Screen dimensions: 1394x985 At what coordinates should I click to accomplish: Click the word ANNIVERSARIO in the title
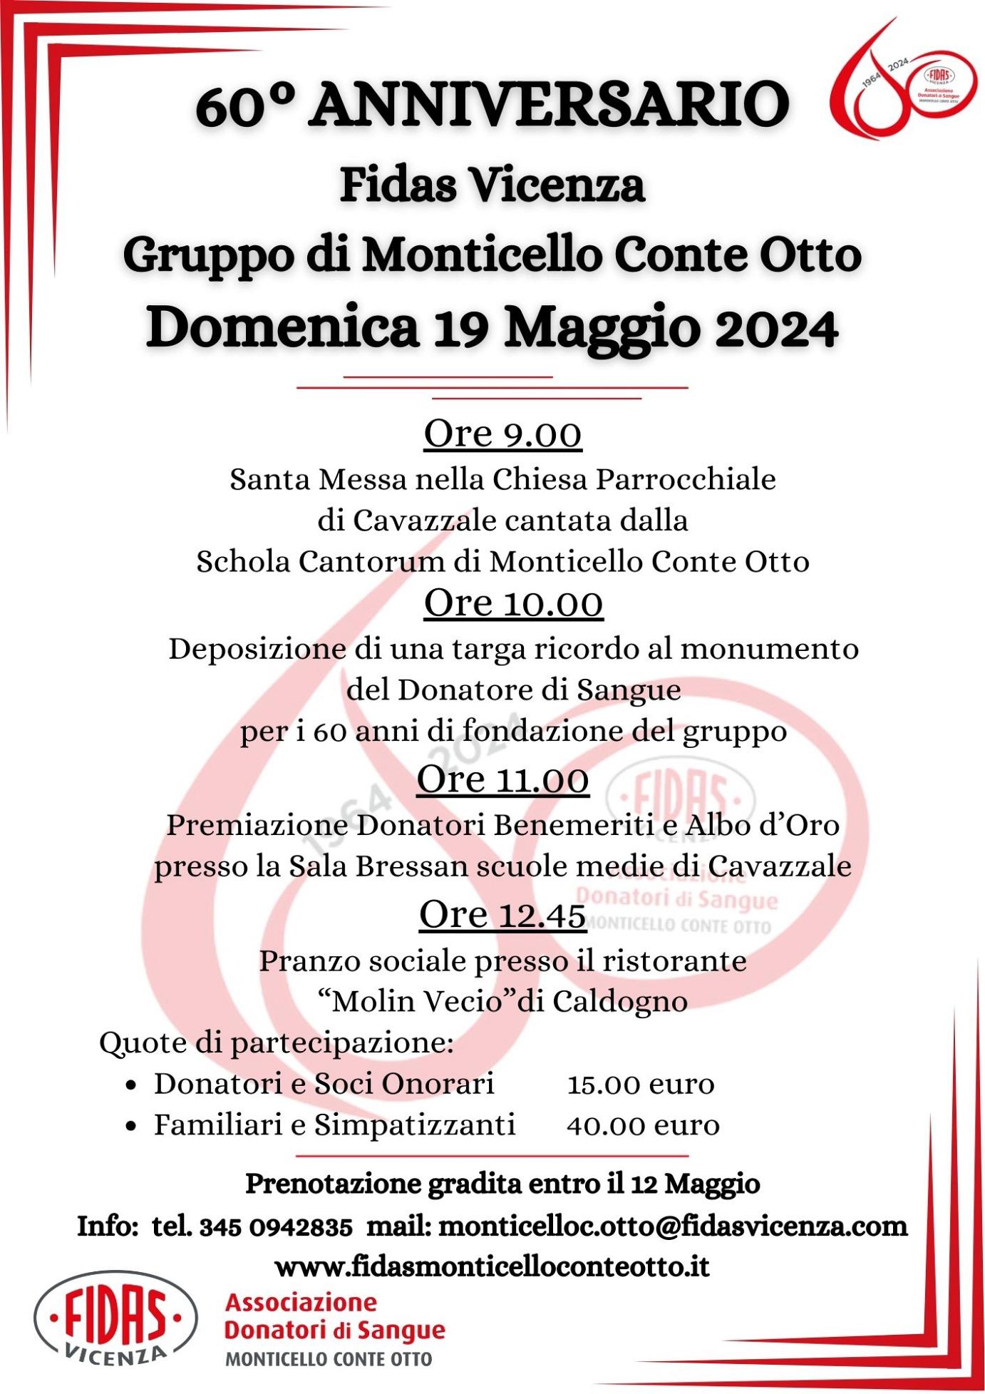click(550, 106)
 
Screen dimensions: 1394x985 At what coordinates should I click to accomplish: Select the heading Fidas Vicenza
click(492, 185)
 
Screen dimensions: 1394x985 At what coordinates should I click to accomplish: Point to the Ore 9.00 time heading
click(502, 434)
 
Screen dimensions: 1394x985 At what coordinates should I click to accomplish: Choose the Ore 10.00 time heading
click(513, 603)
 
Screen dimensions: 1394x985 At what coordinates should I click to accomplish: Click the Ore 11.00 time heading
click(502, 779)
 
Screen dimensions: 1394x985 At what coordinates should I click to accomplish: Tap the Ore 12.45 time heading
click(502, 914)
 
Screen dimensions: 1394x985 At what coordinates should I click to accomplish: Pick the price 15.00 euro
click(641, 1085)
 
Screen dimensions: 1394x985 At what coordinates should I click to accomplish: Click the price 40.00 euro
click(643, 1126)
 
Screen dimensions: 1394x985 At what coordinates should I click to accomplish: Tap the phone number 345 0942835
click(275, 1227)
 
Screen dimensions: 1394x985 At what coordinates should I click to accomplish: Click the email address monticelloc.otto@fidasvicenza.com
click(673, 1226)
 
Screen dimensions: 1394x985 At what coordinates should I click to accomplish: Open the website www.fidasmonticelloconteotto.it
click(492, 1267)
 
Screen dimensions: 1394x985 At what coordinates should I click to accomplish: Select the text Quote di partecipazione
click(277, 1042)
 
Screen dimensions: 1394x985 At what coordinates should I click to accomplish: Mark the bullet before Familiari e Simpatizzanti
click(130, 1127)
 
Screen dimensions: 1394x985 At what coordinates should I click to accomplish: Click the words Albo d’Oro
click(763, 826)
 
